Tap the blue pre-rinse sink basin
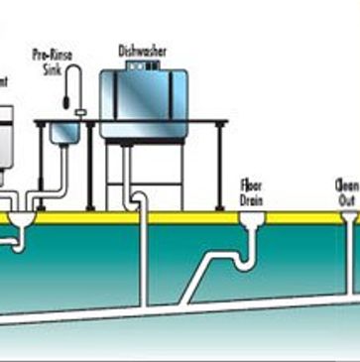[x=65, y=131]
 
